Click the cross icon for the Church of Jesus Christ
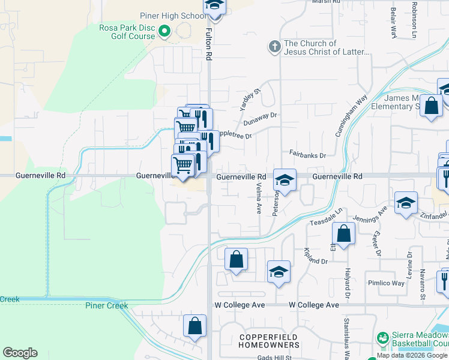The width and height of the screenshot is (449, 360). [x=275, y=47]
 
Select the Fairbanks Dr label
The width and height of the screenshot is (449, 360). [x=307, y=155]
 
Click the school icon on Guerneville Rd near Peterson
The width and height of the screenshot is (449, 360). [x=285, y=179]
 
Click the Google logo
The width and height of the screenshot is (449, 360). [x=20, y=353]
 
